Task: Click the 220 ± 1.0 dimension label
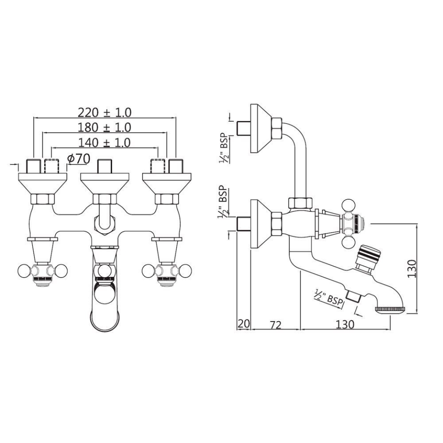(105, 113)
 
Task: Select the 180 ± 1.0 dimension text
(105, 127)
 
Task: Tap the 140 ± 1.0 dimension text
(104, 143)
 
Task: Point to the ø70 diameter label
(78, 158)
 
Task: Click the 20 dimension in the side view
(243, 324)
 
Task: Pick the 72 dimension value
(275, 324)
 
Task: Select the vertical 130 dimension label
(412, 269)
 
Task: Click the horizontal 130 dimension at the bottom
(345, 324)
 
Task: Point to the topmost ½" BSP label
(224, 148)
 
